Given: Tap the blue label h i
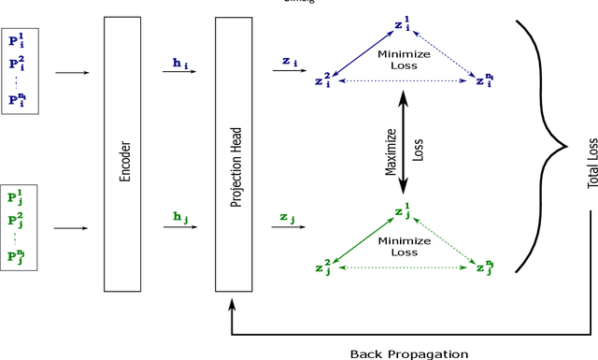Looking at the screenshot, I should point(179,63).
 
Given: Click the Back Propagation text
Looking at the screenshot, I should point(408,353).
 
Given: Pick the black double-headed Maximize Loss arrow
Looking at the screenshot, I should point(404,145).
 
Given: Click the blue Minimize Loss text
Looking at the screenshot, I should point(403,60).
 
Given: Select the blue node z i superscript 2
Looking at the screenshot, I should point(324,81).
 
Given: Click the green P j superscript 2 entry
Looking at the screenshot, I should point(17,221).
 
